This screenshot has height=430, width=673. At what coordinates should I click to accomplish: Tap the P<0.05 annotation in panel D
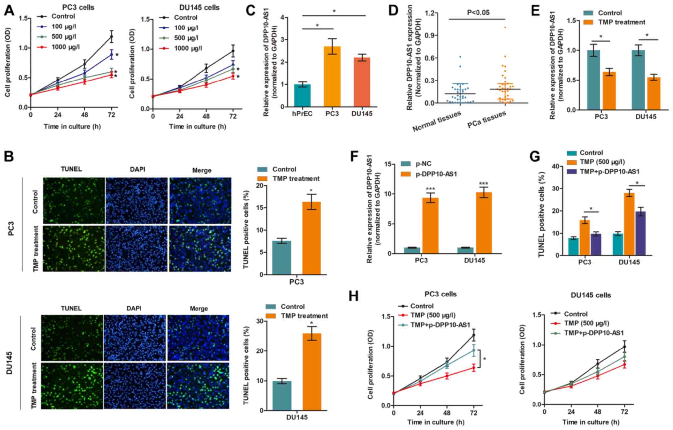(x=478, y=13)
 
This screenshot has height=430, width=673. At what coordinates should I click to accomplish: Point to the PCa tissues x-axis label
(x=487, y=120)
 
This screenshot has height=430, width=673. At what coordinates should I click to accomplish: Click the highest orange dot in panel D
(x=505, y=27)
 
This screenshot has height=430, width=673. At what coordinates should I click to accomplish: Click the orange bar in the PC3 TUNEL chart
(x=311, y=238)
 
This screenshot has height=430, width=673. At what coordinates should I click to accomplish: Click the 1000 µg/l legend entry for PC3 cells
(x=65, y=47)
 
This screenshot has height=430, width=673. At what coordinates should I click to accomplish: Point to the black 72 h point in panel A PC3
(x=112, y=36)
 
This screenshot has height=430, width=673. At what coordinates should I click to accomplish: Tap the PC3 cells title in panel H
(x=440, y=294)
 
